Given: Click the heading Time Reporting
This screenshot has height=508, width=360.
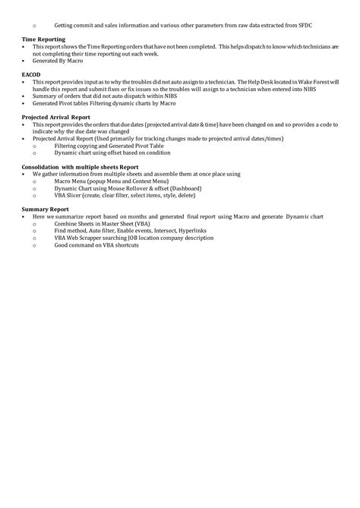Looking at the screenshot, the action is click(43, 38).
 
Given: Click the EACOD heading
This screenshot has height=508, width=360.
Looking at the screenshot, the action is click(31, 73).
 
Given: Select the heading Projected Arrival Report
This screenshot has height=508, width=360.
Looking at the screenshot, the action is click(56, 118).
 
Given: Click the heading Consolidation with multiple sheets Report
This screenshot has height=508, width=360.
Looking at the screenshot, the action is click(81, 166).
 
